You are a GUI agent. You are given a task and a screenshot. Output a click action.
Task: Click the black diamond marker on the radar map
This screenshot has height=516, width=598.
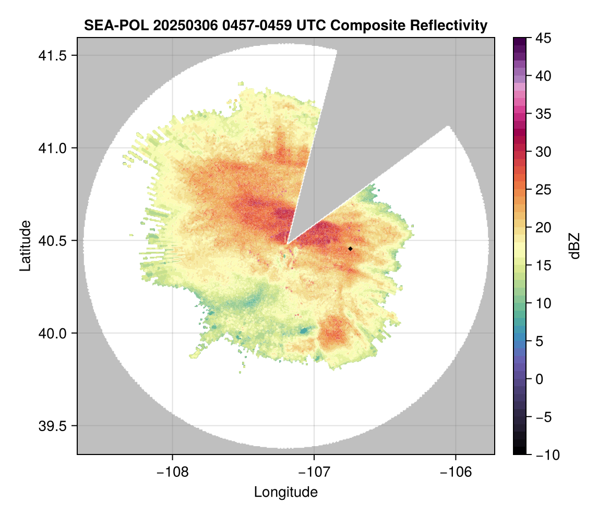(351, 249)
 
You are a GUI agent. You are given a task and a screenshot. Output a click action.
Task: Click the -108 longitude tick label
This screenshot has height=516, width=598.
(172, 472)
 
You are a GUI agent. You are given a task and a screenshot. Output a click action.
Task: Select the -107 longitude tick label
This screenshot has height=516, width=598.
(314, 472)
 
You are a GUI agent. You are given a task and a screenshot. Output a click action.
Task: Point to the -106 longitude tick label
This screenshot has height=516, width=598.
(456, 472)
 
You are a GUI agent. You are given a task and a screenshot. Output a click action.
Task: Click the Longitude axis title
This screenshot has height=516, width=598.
(286, 492)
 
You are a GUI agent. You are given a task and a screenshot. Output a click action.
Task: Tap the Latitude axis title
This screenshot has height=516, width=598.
(26, 245)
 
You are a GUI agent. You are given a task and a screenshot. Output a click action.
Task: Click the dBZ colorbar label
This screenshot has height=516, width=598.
(575, 246)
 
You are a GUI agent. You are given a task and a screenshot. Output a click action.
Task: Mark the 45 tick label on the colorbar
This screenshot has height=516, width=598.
(545, 38)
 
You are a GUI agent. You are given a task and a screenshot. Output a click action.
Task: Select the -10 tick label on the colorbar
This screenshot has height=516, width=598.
(546, 455)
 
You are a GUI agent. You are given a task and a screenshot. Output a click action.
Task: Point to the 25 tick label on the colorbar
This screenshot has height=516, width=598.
(545, 190)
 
